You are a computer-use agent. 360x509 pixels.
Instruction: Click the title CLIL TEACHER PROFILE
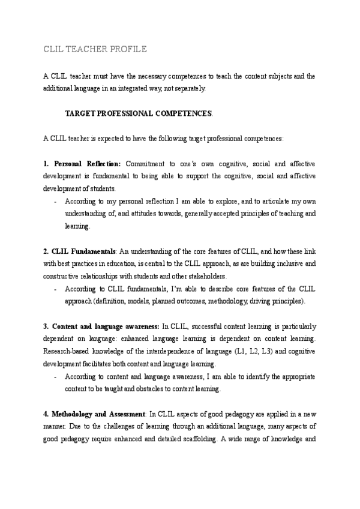pos(94,49)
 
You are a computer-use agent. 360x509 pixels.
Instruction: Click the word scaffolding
pos(194,439)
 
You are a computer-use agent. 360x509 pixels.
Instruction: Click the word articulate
pos(272,202)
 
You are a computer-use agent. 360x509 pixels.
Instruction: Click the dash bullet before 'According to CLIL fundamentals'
pos(55,289)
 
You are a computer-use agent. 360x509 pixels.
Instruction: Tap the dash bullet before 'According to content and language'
pos(55,377)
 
